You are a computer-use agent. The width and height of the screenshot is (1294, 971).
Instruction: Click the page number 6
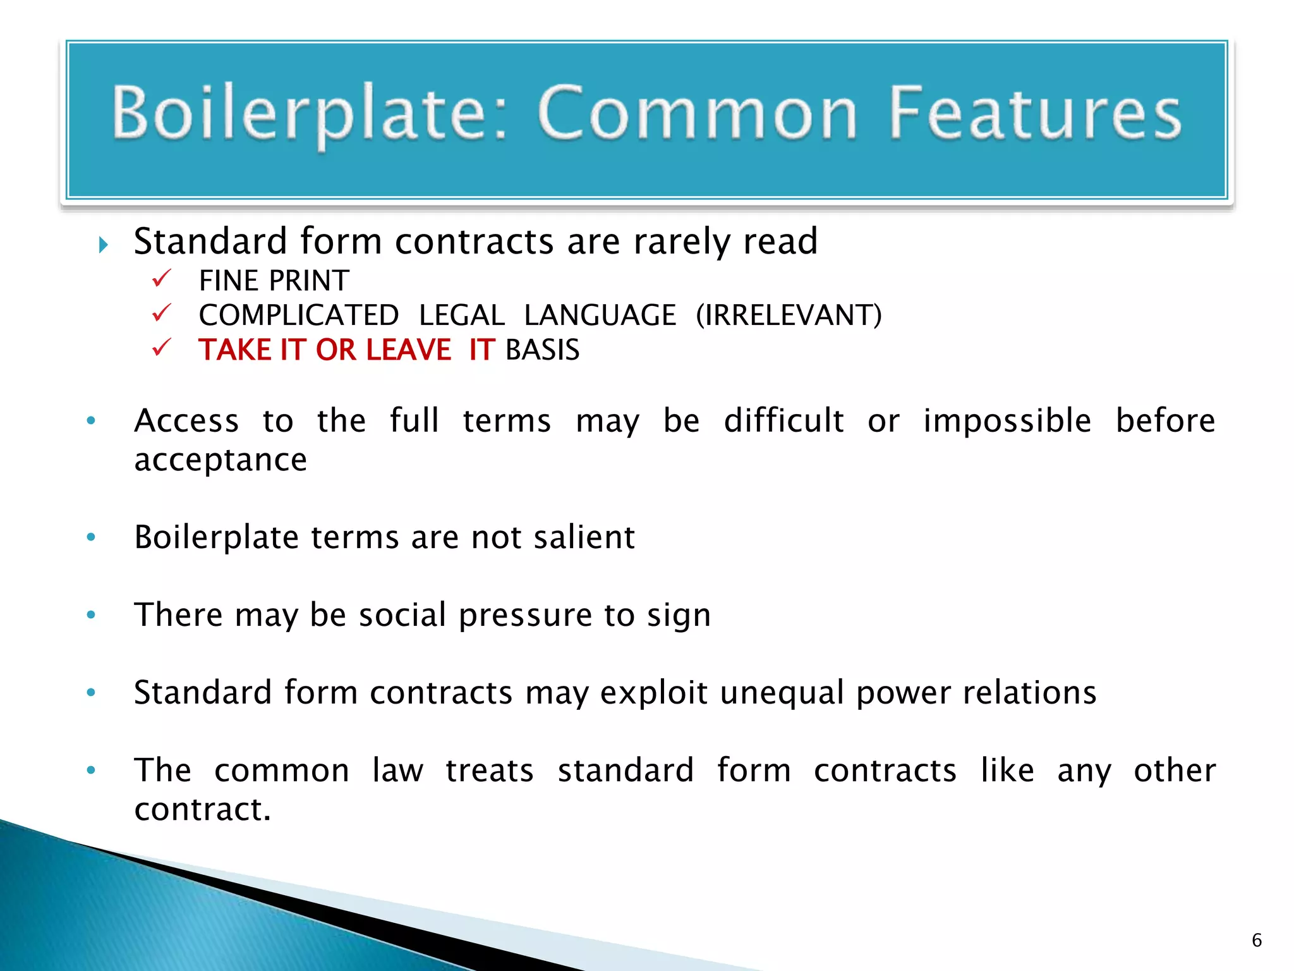[1257, 940]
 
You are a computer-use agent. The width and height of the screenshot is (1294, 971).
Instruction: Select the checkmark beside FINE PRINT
[162, 278]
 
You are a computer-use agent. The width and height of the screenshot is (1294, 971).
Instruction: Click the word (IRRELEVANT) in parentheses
[789, 315]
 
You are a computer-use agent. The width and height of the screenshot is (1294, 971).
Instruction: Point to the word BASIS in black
[543, 350]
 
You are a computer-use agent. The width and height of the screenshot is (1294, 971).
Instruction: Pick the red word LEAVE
[408, 350]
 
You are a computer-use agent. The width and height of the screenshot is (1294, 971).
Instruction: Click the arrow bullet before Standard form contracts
[104, 245]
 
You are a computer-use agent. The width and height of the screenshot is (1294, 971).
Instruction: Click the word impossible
[1007, 420]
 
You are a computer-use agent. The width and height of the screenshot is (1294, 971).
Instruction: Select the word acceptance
[221, 460]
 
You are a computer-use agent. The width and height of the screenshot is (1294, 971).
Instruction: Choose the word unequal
[782, 693]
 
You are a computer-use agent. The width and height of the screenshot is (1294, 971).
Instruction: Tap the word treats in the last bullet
[490, 770]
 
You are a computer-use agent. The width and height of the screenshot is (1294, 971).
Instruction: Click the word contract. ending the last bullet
[202, 809]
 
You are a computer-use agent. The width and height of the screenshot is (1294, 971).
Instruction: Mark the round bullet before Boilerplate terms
[91, 537]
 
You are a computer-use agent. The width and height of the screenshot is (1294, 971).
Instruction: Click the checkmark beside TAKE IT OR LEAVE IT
[162, 347]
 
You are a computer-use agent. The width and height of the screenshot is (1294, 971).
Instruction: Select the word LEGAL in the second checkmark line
[462, 315]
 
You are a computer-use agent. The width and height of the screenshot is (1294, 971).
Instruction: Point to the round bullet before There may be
[91, 614]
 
